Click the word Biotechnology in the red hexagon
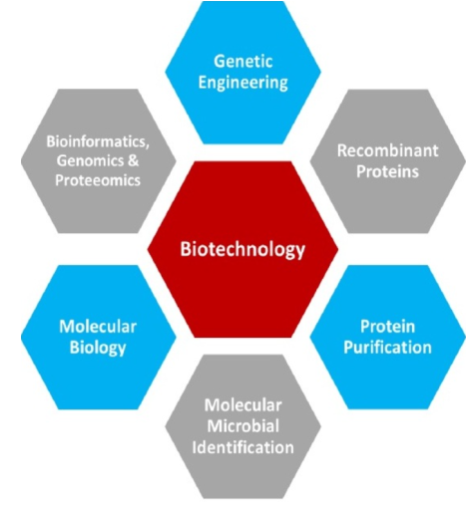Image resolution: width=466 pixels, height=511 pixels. point(242,249)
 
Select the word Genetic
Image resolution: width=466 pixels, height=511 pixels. point(243,62)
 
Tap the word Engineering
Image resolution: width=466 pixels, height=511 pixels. point(243,83)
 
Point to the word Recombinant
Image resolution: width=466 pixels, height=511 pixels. point(388,150)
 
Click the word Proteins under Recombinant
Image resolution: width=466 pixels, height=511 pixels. point(388,171)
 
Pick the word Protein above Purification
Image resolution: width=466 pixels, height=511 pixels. point(388,327)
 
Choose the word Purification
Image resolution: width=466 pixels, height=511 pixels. point(388,348)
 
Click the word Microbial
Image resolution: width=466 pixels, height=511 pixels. point(243,426)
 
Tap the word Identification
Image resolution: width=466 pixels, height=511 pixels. point(243,447)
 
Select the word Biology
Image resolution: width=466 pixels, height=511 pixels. point(98,348)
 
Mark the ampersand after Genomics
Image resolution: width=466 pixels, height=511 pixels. point(133,160)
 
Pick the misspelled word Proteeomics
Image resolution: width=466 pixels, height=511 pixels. point(98,180)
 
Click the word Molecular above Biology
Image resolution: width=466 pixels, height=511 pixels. point(98,327)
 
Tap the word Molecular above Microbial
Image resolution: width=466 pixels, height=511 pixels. point(243,405)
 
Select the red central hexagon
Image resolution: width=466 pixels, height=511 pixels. point(242,249)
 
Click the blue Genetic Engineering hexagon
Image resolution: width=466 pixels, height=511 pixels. point(243,73)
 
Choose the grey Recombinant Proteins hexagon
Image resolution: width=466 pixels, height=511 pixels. point(388,161)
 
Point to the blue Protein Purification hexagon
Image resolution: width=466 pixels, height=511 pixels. point(388,337)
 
